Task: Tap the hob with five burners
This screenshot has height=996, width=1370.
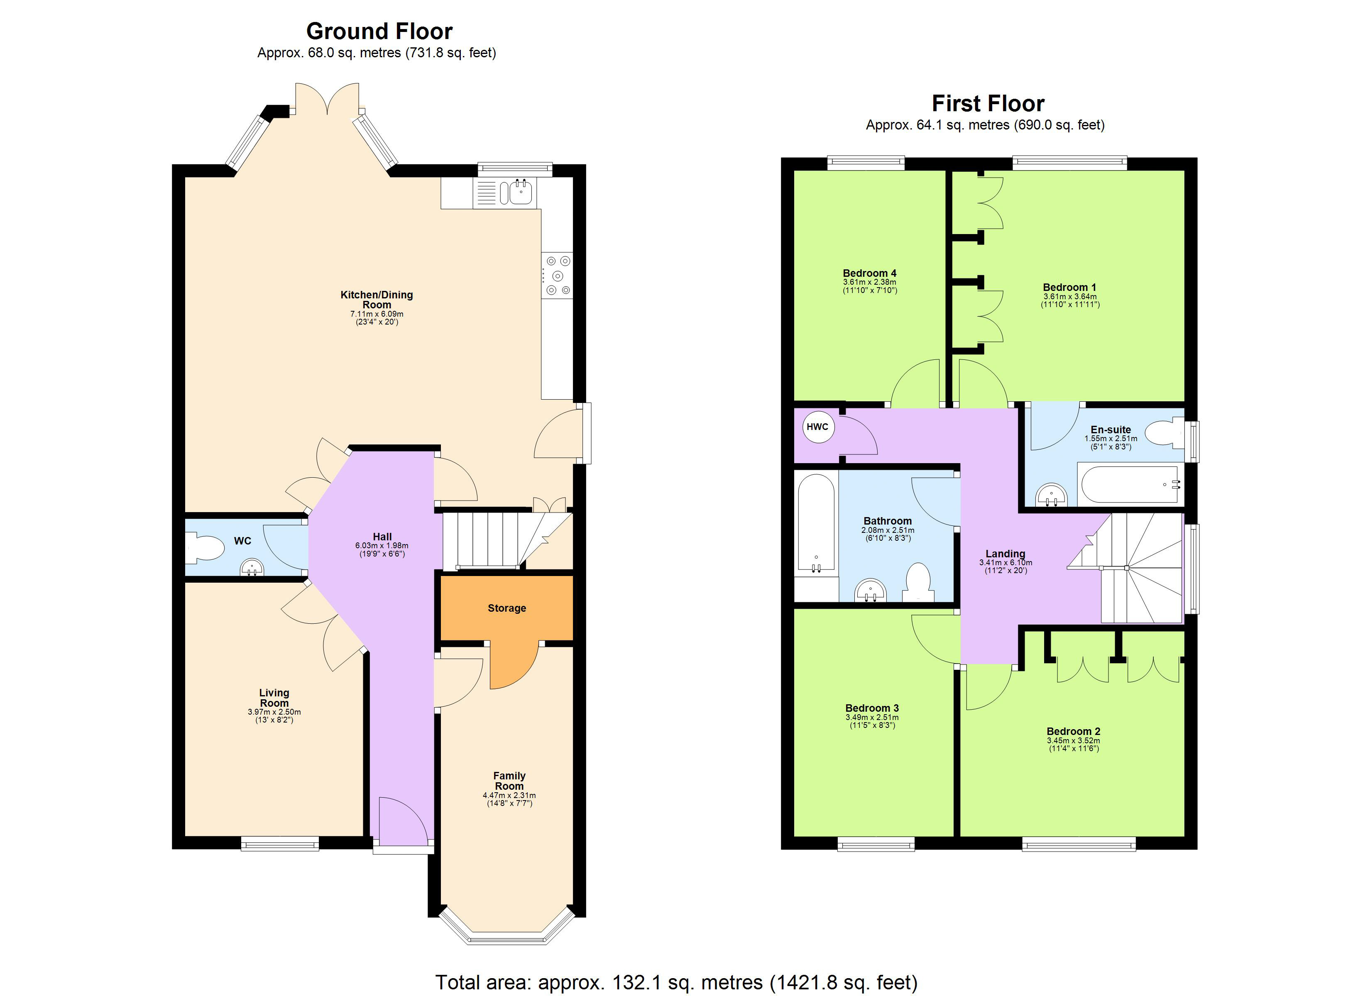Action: pyautogui.click(x=557, y=276)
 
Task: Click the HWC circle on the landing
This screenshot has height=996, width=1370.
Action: pyautogui.click(x=817, y=427)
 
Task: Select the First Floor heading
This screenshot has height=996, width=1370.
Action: pyautogui.click(x=988, y=104)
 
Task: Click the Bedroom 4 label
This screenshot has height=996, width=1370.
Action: pyautogui.click(x=869, y=273)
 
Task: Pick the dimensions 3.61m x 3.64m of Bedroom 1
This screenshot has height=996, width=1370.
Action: pyautogui.click(x=1069, y=297)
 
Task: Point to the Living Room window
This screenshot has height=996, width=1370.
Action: pyautogui.click(x=280, y=843)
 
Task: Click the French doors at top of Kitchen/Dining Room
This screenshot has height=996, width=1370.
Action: pyautogui.click(x=327, y=100)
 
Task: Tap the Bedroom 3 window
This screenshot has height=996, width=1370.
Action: pyautogui.click(x=876, y=844)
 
